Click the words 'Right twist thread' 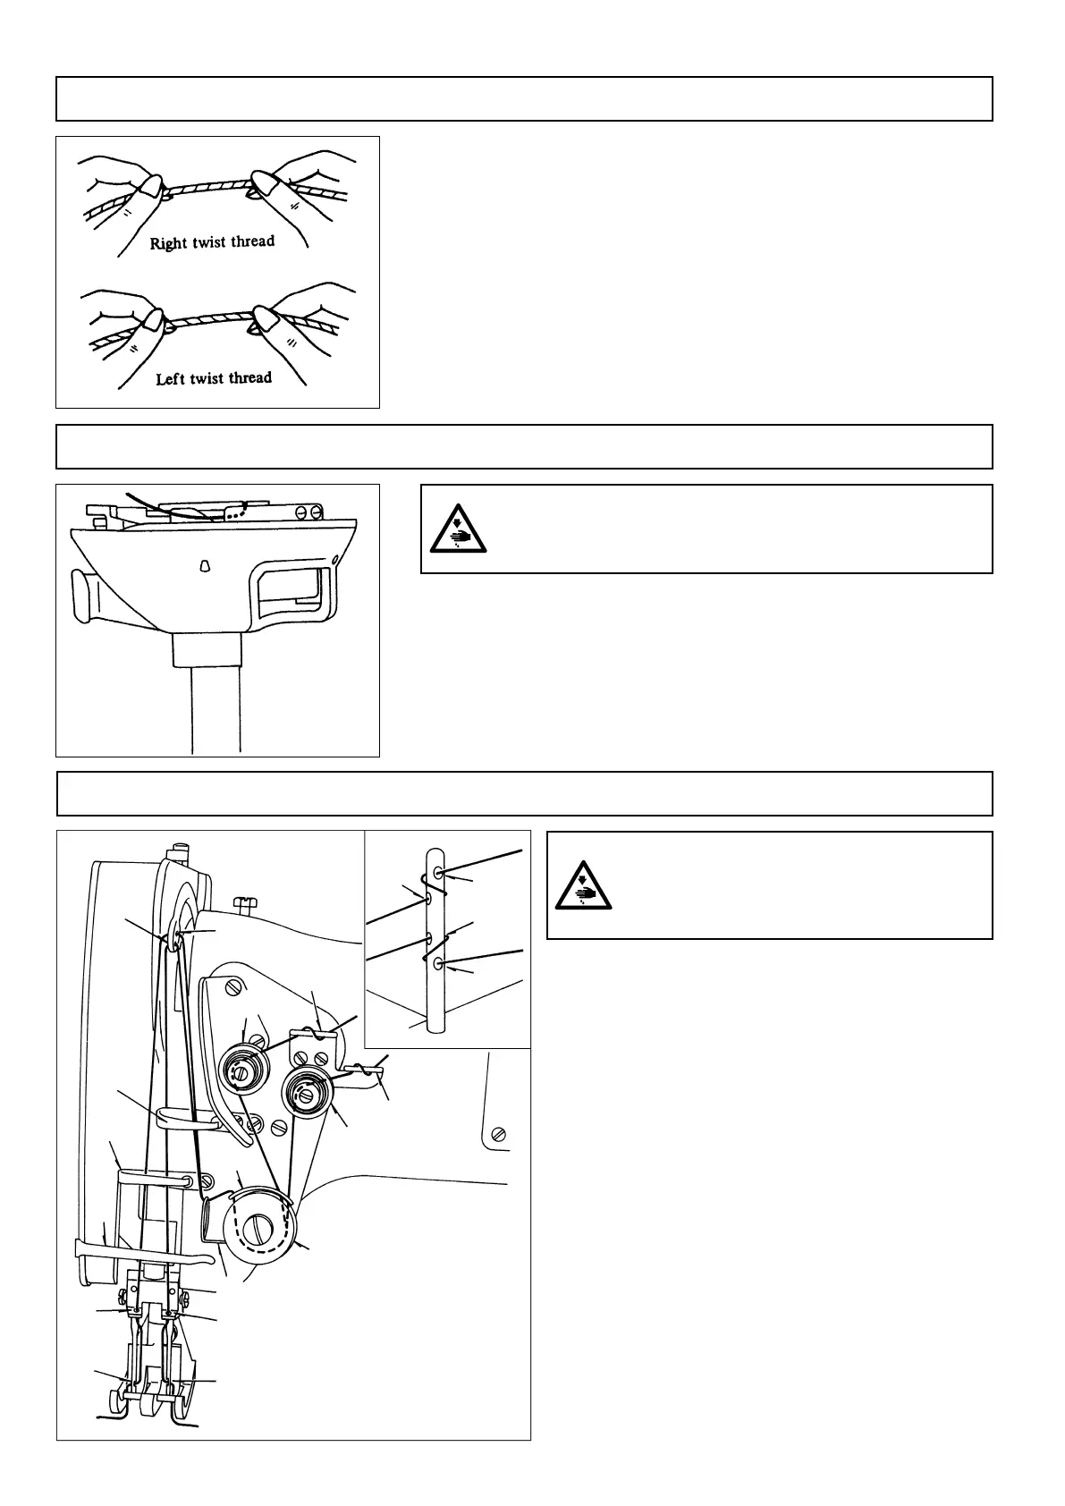212,242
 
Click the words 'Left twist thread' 214,378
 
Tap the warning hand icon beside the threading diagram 582,884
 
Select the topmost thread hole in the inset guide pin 437,872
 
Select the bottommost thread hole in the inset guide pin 437,964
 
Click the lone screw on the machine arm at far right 499,1135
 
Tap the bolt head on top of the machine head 244,902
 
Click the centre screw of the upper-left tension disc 239,1069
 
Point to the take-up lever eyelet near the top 173,937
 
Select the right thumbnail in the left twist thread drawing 265,320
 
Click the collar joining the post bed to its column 207,650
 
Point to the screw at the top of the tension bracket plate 235,988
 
